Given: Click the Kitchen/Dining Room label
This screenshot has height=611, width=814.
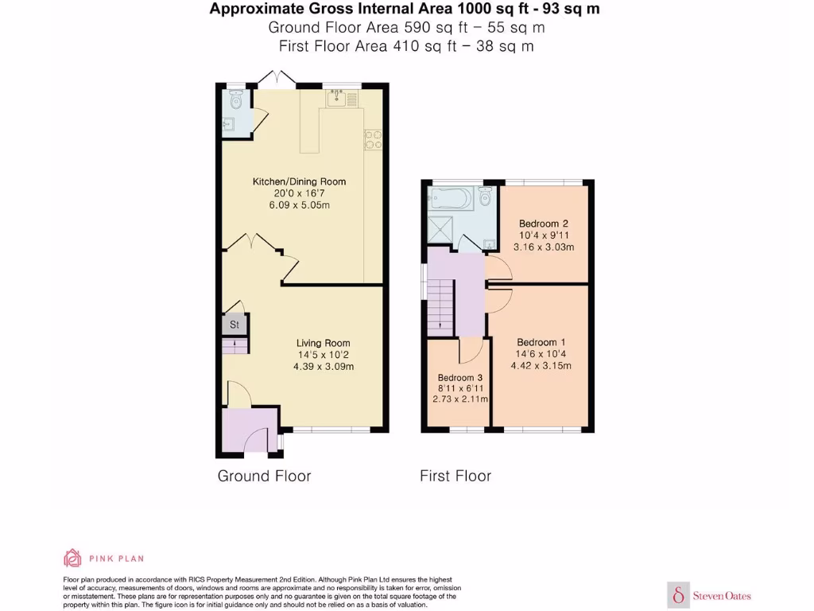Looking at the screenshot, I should click(299, 181).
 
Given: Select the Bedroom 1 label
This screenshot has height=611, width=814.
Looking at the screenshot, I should click(542, 342).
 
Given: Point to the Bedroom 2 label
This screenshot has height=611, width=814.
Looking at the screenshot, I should click(543, 224).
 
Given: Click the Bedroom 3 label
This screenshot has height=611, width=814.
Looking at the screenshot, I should click(460, 377).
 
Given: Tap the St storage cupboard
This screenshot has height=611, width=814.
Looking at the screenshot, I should click(235, 325).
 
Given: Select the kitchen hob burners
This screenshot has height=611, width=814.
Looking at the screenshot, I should click(372, 139).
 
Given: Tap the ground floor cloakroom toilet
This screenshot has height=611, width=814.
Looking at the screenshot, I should click(235, 100).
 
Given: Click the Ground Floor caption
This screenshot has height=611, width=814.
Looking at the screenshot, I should click(264, 477).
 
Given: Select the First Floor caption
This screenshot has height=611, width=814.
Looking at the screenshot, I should click(455, 477).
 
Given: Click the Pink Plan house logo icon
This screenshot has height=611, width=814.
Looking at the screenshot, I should click(72, 558).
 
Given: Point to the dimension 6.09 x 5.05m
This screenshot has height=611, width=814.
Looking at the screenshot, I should click(299, 205).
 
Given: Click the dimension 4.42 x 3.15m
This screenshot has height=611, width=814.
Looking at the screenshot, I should click(542, 366).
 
